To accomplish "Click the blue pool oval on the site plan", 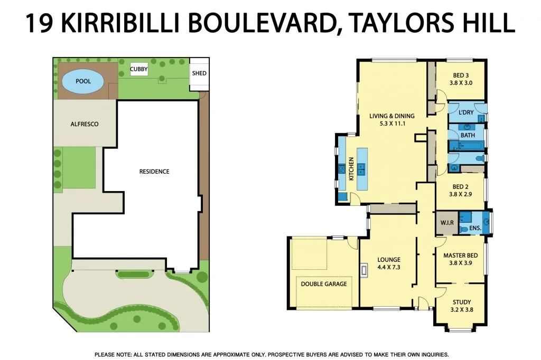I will tap(83, 82).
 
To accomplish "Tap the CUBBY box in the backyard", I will tap(139, 69).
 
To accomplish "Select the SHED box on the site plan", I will tap(199, 73).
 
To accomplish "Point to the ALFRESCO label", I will tap(85, 124).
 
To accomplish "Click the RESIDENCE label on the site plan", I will tap(154, 172).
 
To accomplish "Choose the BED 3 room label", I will tap(453, 75).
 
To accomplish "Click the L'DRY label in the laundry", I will tap(466, 112).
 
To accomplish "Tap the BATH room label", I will tap(468, 136).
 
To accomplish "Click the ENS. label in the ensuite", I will tap(475, 228).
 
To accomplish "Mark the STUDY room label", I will tap(461, 302).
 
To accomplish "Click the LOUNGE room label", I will tap(388, 260).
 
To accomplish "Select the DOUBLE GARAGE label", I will tap(324, 284).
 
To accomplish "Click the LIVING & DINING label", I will tap(391, 116).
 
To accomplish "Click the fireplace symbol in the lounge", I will tap(363, 271).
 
